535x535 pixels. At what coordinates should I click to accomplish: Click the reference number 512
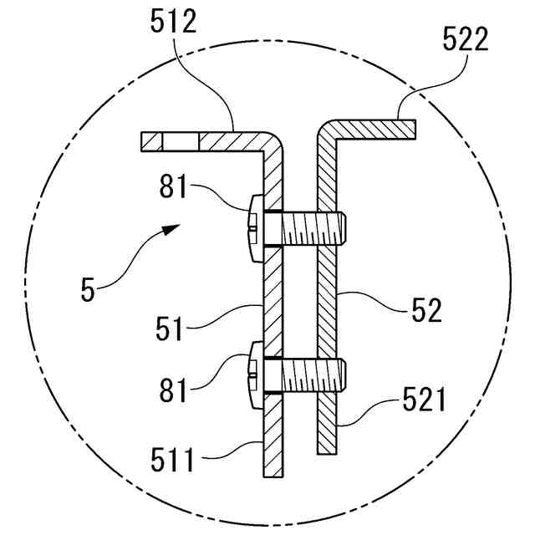coord(173,21)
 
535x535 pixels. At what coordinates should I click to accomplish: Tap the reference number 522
coord(466,39)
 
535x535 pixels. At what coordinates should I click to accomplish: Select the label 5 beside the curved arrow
coord(88,289)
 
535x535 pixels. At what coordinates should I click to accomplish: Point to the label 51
coord(169,329)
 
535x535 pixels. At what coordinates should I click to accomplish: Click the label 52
coord(426,310)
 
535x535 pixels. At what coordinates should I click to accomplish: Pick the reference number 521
coord(424,400)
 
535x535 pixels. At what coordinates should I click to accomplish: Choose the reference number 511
coord(172,460)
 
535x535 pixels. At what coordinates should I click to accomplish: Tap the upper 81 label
coord(173,186)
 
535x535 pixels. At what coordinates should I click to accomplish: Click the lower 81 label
coord(173,390)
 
